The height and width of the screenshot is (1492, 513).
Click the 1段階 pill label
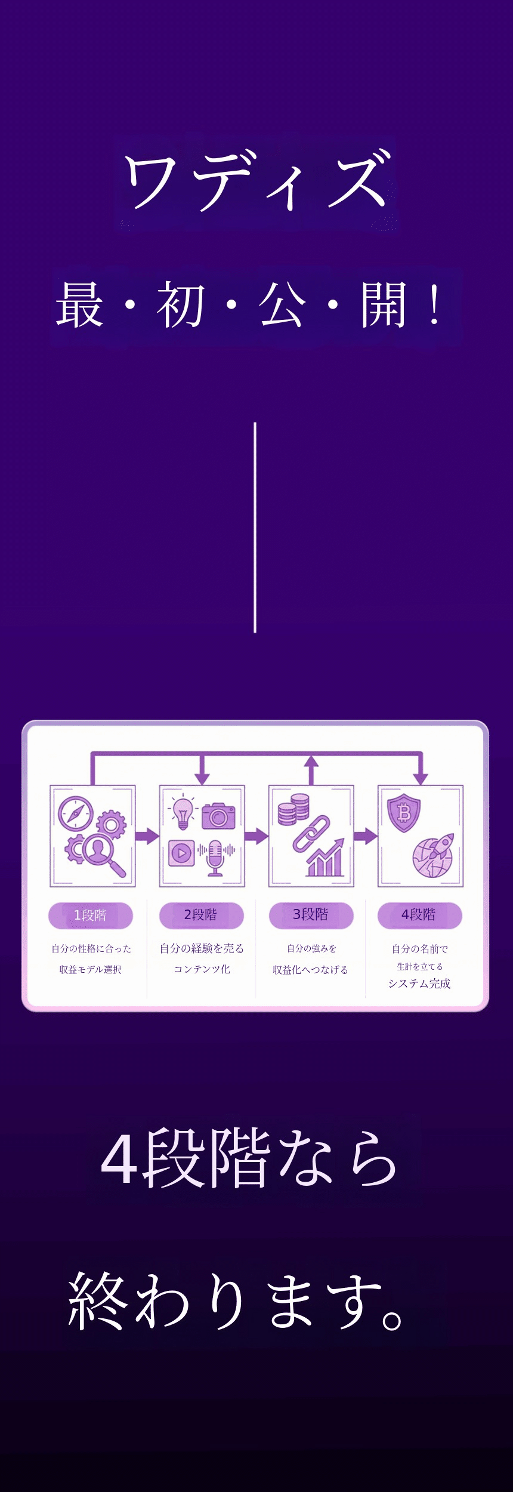coord(90,915)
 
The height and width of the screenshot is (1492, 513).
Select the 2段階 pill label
coord(201,915)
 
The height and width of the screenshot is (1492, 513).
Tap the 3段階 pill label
coord(311,915)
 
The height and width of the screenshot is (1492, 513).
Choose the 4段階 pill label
coord(419,915)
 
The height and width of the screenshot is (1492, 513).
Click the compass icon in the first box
coord(75,813)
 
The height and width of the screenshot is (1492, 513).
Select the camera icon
coord(218,816)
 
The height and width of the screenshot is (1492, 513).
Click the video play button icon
coord(181,853)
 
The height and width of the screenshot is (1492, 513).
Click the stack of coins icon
coord(293,809)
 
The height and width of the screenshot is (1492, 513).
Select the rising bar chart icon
coord(326,859)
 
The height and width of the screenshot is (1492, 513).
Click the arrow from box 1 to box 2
coord(147,836)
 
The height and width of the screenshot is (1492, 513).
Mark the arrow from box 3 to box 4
coord(365,836)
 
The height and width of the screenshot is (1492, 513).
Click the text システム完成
coord(419,984)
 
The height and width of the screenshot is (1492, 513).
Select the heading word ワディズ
coord(256,181)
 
